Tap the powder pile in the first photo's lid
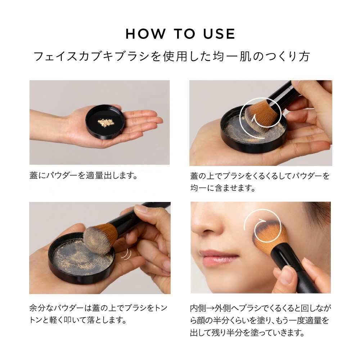click(x=105, y=123)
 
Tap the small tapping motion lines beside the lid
click(x=126, y=255)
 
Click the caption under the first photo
click(x=84, y=176)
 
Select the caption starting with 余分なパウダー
click(x=98, y=314)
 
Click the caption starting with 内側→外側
click(x=260, y=320)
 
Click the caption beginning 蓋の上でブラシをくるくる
click(x=260, y=182)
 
